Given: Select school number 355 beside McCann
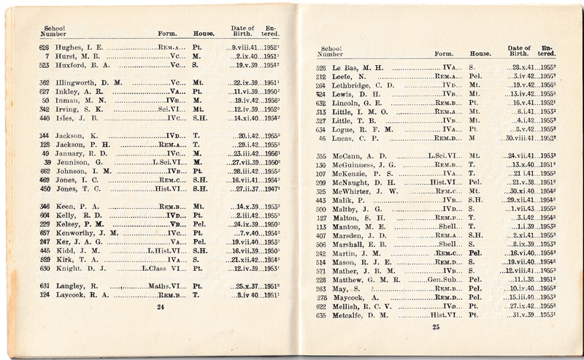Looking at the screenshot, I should coord(321,156).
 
